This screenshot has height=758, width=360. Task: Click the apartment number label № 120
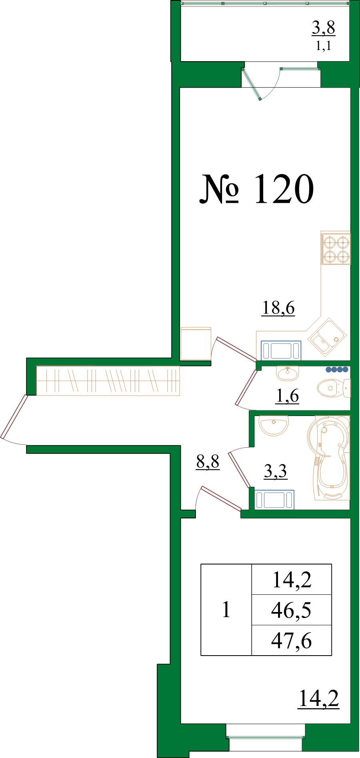point(256,189)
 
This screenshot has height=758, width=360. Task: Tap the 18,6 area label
point(278,308)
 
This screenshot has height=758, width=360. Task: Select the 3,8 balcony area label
point(324,28)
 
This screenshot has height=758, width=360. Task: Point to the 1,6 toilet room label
point(288,396)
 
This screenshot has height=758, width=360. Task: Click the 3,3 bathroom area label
point(276,471)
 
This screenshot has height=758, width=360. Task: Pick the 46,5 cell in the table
point(291,610)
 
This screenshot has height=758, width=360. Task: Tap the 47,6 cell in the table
point(291,641)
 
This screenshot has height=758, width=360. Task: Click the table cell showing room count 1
point(226,610)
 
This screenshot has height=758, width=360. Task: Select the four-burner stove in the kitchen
point(336,249)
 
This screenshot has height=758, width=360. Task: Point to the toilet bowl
point(334,388)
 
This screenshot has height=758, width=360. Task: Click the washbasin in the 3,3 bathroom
point(274,425)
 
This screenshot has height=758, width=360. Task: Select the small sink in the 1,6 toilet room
point(287,373)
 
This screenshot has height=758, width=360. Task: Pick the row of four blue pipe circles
point(337,370)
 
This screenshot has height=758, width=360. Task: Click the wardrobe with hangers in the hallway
point(108,380)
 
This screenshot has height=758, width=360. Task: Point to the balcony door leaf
point(252,84)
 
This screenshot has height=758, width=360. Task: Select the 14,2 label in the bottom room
point(319,698)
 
